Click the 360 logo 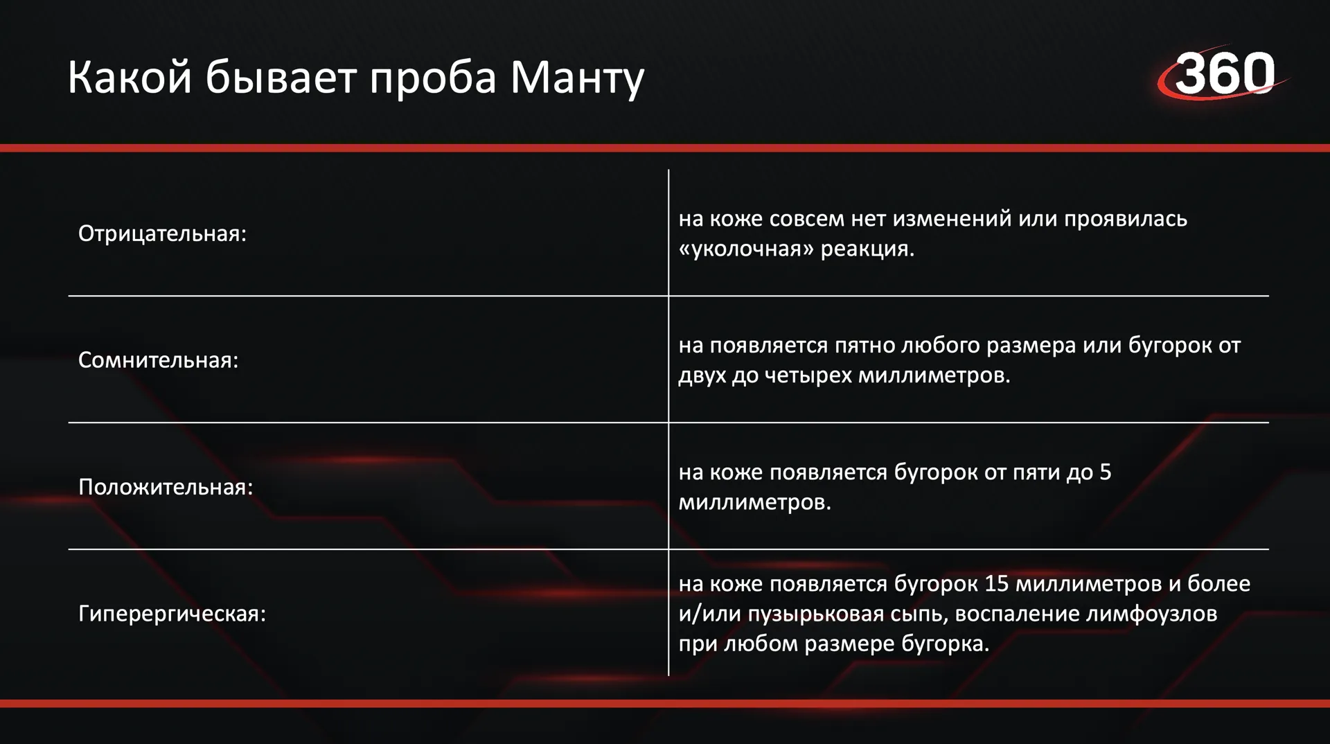click(x=1223, y=73)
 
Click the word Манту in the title click(x=577, y=78)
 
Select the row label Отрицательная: click(x=162, y=234)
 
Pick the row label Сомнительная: click(x=158, y=360)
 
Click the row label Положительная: click(x=166, y=487)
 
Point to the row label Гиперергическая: click(x=172, y=614)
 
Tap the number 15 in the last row click(x=997, y=584)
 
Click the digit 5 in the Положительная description click(x=1106, y=472)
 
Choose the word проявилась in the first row click(x=1126, y=219)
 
